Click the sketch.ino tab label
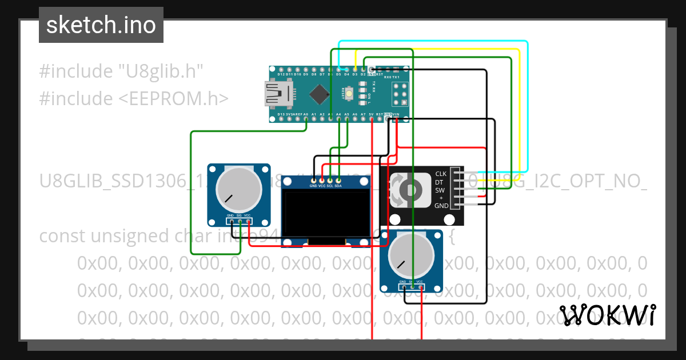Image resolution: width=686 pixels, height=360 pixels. click(101, 25)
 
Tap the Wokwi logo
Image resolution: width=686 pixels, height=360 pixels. click(607, 315)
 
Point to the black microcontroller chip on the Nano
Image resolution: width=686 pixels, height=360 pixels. click(318, 93)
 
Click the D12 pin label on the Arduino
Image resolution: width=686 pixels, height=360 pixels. click(281, 74)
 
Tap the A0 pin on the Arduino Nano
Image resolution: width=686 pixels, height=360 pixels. click(306, 115)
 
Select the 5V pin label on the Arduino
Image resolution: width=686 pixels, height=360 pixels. click(372, 115)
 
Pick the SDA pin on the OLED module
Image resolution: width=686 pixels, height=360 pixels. click(338, 181)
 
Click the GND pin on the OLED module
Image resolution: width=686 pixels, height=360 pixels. click(313, 181)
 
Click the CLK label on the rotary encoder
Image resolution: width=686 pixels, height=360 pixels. click(441, 174)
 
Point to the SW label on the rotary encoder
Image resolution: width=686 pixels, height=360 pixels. click(440, 190)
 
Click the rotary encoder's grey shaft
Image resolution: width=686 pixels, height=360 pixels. click(410, 190)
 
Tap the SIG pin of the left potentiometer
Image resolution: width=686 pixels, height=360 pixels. click(240, 221)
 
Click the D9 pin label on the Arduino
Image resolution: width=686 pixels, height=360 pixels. click(306, 74)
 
